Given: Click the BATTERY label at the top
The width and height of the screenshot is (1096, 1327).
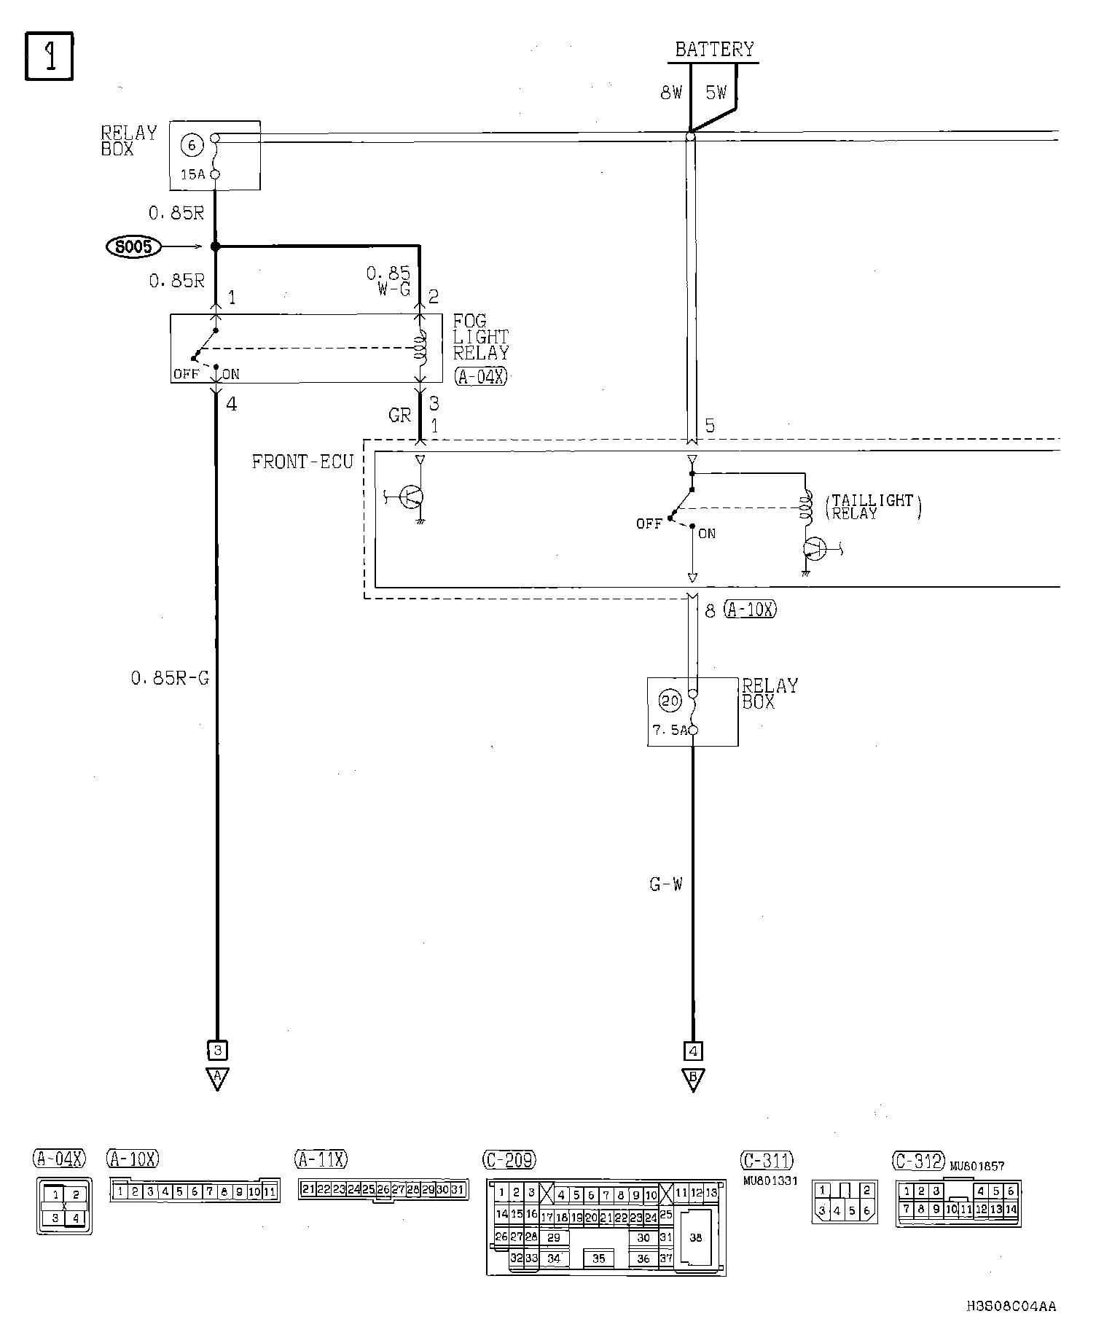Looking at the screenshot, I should [x=713, y=50].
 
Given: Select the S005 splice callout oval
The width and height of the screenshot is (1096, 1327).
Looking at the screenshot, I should [x=133, y=247].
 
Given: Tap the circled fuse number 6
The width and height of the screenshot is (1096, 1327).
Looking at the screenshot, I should [x=192, y=145].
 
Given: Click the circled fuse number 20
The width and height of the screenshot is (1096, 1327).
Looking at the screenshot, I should [x=670, y=701].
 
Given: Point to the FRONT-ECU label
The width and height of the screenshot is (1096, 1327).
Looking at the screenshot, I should [x=302, y=462].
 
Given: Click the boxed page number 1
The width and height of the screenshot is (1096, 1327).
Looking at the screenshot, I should [x=50, y=56].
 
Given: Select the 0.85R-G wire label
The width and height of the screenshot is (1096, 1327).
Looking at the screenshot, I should [x=170, y=678].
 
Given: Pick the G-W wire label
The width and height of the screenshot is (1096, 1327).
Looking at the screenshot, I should [x=666, y=884].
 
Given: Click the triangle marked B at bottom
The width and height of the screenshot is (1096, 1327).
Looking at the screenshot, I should [x=693, y=1079].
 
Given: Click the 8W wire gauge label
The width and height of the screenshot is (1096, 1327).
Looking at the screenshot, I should [x=670, y=93].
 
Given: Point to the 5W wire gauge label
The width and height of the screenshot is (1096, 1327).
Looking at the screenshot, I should [x=716, y=93].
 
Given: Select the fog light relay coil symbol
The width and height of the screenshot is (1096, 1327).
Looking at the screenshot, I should [x=420, y=348].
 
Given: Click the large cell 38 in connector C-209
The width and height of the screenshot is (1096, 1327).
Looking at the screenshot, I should [x=695, y=1237].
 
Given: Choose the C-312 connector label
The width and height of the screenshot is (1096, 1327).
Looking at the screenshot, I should [x=918, y=1160].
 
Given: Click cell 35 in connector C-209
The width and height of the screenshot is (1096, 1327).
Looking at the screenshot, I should [x=598, y=1258].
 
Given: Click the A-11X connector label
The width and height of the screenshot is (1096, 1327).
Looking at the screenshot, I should [x=321, y=1159].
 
